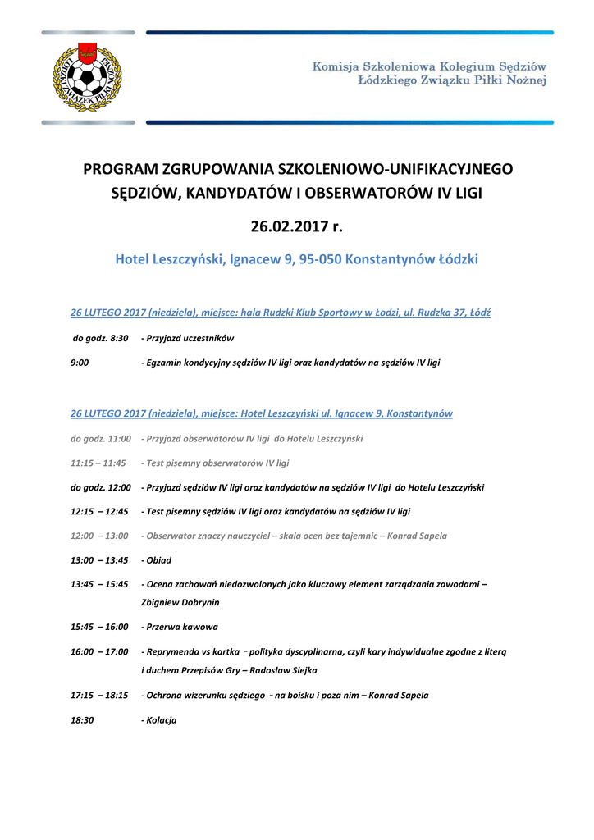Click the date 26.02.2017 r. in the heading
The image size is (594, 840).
point(296,226)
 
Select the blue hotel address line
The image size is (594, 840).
point(296,259)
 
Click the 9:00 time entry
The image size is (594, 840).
point(80,362)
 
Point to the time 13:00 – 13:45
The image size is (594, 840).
point(99,560)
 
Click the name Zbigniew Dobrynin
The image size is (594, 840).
point(180,601)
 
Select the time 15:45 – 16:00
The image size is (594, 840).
point(99,627)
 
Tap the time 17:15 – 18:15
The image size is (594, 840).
point(99,695)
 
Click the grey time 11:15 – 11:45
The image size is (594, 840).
point(98,463)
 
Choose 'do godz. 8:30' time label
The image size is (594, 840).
point(100,338)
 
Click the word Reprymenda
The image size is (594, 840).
point(171,651)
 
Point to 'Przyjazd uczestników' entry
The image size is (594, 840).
point(190,338)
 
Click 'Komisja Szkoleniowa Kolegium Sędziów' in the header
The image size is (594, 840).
point(428,66)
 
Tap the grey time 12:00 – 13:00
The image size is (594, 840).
point(99,536)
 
